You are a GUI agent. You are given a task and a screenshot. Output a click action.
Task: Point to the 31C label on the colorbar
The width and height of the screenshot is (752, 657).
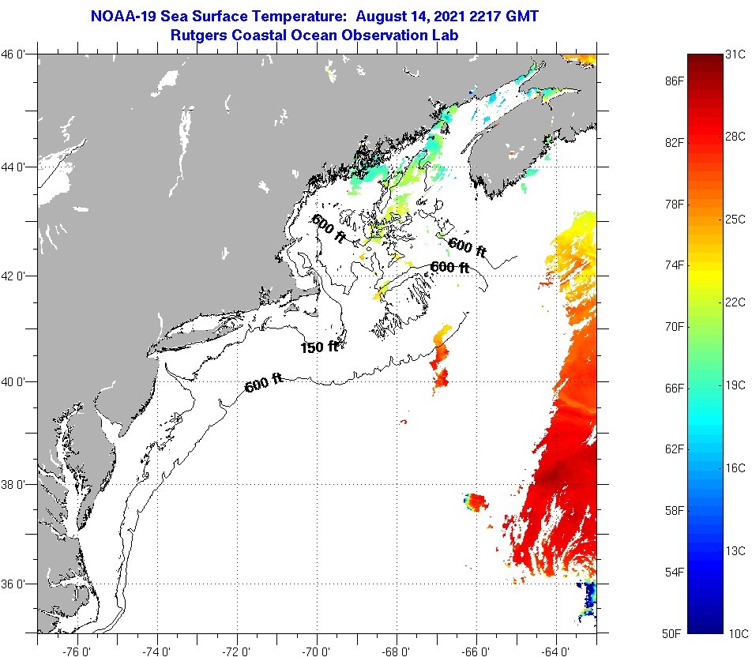point(735,54)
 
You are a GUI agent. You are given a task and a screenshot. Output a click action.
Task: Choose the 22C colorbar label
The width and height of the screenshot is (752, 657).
point(735,302)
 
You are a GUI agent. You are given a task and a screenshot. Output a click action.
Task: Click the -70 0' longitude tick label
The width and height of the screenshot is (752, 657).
point(318,649)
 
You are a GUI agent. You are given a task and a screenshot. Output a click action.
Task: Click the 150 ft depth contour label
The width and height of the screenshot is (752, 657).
point(319,346)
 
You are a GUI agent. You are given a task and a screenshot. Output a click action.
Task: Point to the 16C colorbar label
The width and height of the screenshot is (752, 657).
point(735,467)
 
